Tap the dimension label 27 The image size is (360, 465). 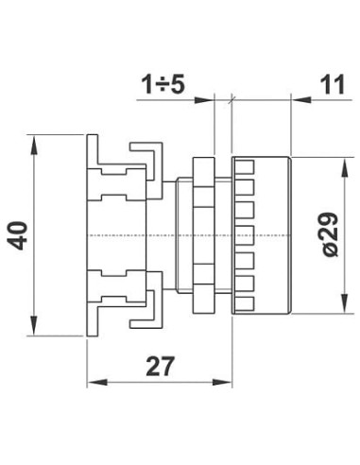coord(161,367)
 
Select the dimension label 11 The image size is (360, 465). coord(333,84)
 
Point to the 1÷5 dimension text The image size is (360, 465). coord(163,84)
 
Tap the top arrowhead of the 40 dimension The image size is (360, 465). coord(35,146)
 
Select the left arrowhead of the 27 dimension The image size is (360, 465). coord(96,383)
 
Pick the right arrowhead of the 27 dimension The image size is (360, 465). coord(222,383)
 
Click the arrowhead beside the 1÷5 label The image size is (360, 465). coord(204,100)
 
